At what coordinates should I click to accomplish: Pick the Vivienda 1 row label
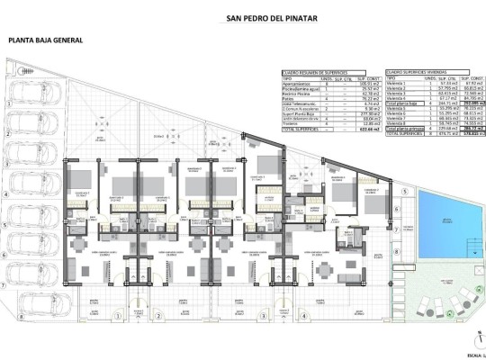(x=397, y=83)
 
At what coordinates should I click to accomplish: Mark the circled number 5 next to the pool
(x=405, y=192)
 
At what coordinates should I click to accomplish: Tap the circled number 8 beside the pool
(x=405, y=270)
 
